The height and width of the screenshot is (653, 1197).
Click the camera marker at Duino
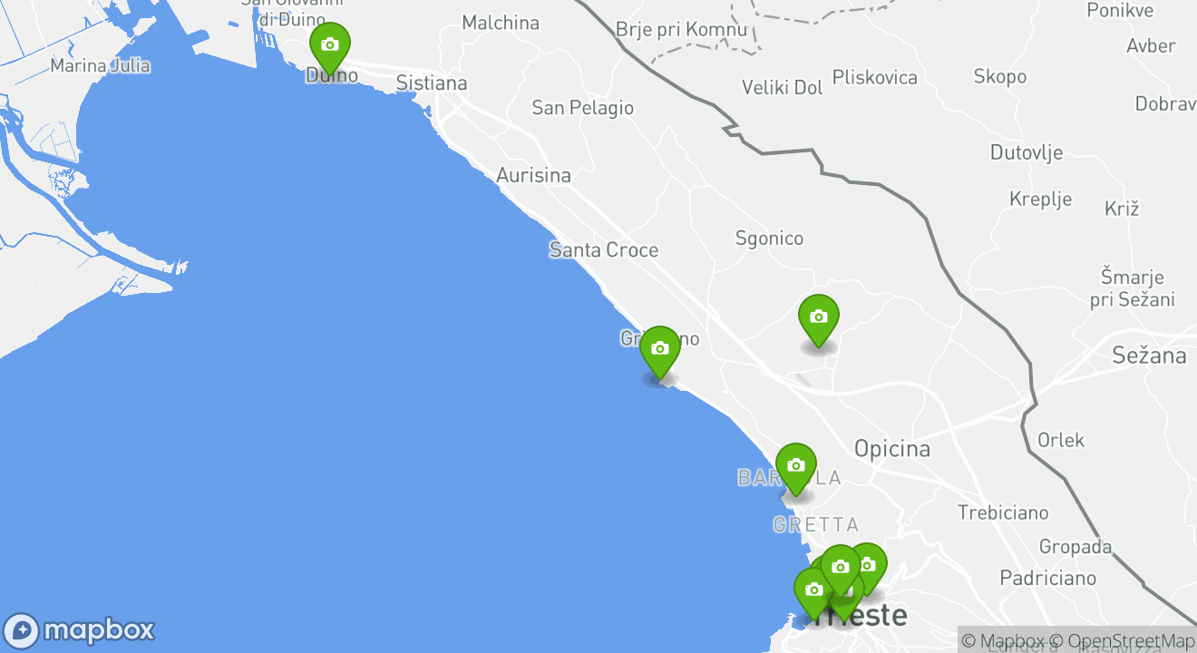329,45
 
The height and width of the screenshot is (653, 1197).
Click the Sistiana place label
432,83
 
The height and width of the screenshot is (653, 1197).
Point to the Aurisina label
533,176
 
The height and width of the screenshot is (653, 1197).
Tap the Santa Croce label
604,250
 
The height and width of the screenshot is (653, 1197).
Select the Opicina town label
892,449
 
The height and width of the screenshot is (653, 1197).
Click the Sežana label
1149,356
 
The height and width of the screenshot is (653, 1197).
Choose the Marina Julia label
100,66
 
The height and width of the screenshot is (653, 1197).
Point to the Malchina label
501,24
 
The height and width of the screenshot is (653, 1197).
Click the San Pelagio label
582,108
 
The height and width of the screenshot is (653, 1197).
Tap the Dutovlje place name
1027,152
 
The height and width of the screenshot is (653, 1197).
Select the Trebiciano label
1003,513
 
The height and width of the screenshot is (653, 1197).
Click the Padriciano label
1047,578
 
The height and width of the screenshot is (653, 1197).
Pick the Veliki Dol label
783,88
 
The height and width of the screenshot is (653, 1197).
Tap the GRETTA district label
816,525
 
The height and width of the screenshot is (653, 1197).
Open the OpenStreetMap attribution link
1131,641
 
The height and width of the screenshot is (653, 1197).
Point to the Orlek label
1061,441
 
